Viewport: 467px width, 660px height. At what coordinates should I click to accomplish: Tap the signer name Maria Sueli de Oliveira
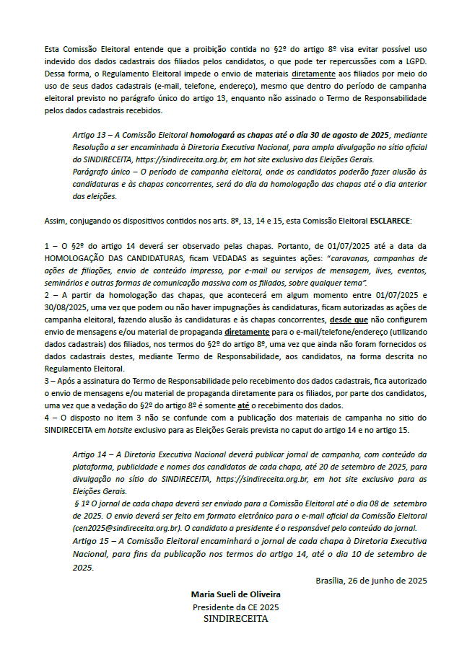click(236, 594)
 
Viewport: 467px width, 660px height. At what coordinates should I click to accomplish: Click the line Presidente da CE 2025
click(235, 607)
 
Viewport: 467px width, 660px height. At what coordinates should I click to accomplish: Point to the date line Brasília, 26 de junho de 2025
click(371, 581)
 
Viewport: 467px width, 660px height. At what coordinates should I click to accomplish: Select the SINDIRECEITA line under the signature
click(235, 619)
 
